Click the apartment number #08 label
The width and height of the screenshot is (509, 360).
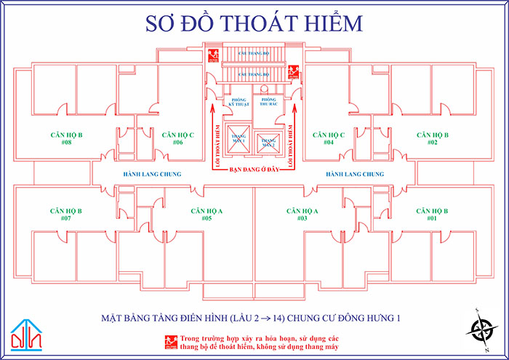click(66, 143)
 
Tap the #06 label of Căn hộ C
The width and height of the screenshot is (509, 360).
click(177, 143)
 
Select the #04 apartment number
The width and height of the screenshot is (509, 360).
click(329, 143)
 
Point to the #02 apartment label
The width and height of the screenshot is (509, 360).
click(432, 143)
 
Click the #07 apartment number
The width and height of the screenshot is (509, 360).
click(66, 218)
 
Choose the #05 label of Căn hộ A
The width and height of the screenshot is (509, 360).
click(207, 218)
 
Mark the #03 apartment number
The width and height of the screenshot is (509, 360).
click(302, 218)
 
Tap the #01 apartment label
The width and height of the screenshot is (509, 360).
click(432, 218)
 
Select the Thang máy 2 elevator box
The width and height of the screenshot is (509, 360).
click(269, 140)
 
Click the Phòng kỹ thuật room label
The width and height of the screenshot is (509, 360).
click(239, 102)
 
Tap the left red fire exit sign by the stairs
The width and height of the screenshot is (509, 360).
click(212, 55)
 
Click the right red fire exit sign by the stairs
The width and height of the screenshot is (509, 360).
click(295, 71)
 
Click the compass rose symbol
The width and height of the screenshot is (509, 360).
click(478, 329)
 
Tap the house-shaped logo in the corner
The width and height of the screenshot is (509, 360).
click(27, 333)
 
